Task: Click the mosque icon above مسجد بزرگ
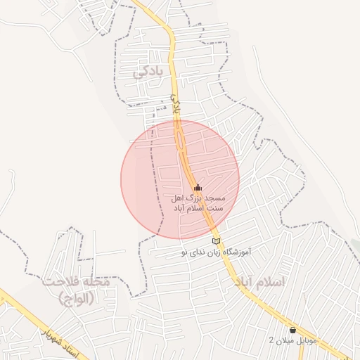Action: coord(198,188)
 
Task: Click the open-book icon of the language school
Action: coord(216,242)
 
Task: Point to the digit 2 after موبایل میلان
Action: coord(272,340)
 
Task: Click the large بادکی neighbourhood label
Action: coord(151,72)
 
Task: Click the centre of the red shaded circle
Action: coord(180,179)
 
